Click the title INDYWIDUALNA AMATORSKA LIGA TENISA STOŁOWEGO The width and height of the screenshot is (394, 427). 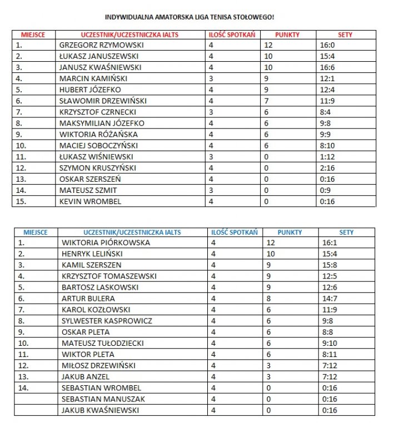point(189,17)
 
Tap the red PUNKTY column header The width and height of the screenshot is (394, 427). point(287,34)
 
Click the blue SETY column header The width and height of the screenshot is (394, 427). point(346,232)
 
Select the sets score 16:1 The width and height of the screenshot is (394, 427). point(330,243)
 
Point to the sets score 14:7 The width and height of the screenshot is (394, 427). point(330,299)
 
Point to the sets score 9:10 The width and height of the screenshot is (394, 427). point(330,343)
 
